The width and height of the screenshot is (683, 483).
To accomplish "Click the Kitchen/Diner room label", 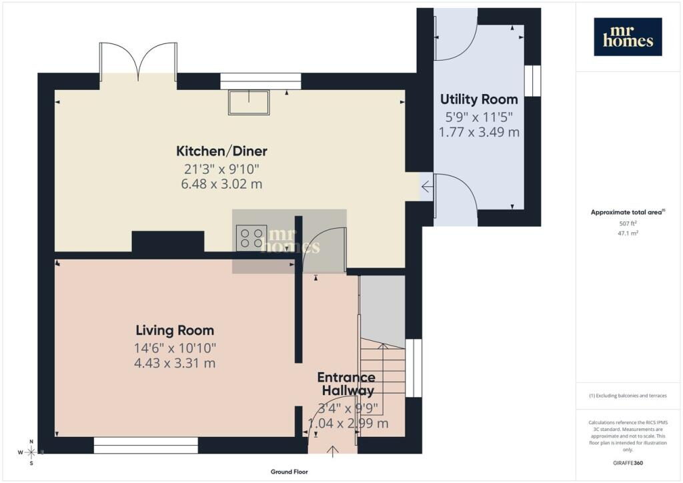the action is click(x=221, y=151).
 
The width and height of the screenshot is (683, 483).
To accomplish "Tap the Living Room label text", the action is click(x=175, y=331).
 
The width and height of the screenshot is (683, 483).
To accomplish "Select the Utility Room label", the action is click(x=479, y=100).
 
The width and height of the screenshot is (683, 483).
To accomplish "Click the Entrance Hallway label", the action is click(x=347, y=384).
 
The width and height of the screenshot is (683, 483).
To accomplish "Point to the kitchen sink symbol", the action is click(x=249, y=102).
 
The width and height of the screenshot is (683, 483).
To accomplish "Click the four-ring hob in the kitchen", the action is click(x=251, y=237).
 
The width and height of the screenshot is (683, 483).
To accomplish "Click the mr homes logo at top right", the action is click(x=628, y=37).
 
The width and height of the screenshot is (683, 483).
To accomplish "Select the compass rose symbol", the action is click(x=31, y=452).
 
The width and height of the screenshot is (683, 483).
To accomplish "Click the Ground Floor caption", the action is click(x=289, y=472).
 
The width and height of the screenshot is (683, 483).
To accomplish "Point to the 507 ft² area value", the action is click(x=628, y=223).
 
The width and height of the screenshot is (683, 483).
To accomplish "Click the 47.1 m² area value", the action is click(x=628, y=233).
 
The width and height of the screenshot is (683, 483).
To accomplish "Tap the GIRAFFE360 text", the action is click(x=628, y=463).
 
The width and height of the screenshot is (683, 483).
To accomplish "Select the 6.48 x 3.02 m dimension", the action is click(x=221, y=183).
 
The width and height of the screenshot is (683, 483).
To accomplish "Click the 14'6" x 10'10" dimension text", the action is click(x=175, y=348).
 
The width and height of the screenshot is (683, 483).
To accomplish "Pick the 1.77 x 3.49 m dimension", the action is click(x=479, y=132).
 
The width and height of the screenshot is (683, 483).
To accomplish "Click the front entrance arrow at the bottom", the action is click(x=333, y=452).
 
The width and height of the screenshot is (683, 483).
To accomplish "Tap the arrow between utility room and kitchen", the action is click(x=427, y=187).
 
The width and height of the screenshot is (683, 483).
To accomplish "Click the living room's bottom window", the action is click(x=146, y=446).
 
